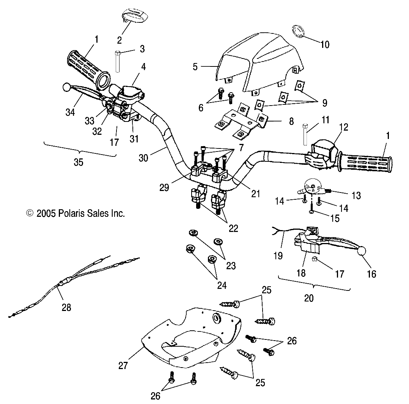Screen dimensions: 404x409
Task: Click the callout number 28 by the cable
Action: tap(66, 306)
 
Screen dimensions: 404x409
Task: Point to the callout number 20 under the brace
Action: tap(309, 298)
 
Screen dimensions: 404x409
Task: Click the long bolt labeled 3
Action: tap(118, 61)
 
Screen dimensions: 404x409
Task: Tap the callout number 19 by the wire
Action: tap(278, 256)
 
